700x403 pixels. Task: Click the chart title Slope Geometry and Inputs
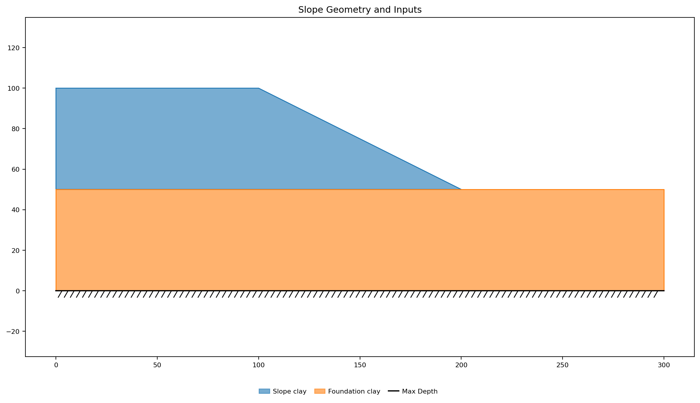[360, 10]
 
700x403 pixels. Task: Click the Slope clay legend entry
[283, 391]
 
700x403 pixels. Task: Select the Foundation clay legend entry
[347, 391]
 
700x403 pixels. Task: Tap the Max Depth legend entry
[413, 391]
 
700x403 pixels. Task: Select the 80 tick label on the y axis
[16, 129]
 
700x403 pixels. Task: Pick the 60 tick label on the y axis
[16, 169]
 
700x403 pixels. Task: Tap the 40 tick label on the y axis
[16, 210]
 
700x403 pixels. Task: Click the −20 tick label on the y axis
[13, 331]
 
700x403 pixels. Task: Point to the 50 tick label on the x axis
[157, 365]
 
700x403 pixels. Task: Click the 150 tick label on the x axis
[360, 365]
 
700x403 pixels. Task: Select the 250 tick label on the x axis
[563, 365]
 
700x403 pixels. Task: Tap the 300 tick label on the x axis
[664, 365]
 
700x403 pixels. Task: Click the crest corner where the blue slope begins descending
[259, 88]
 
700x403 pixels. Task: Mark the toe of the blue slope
[461, 189]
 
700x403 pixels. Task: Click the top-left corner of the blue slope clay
[56, 88]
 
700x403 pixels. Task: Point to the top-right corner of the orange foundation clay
[664, 189]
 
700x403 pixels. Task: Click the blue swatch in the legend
[264, 391]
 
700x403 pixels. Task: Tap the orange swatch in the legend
[320, 391]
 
